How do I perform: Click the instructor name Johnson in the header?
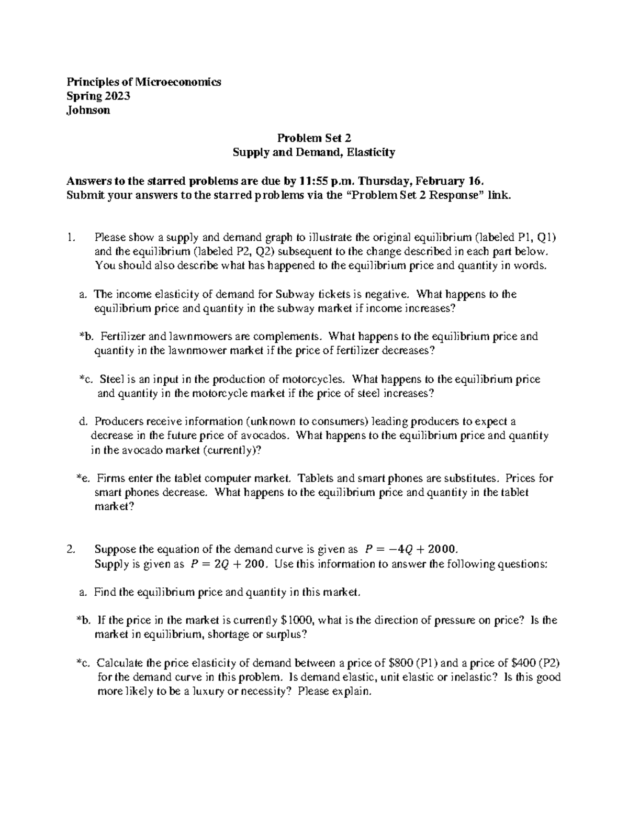pos(88,110)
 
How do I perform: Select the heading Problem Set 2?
pos(313,138)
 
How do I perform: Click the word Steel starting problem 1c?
pos(110,379)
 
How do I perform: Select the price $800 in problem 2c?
pos(402,663)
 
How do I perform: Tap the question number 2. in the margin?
pos(72,549)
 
